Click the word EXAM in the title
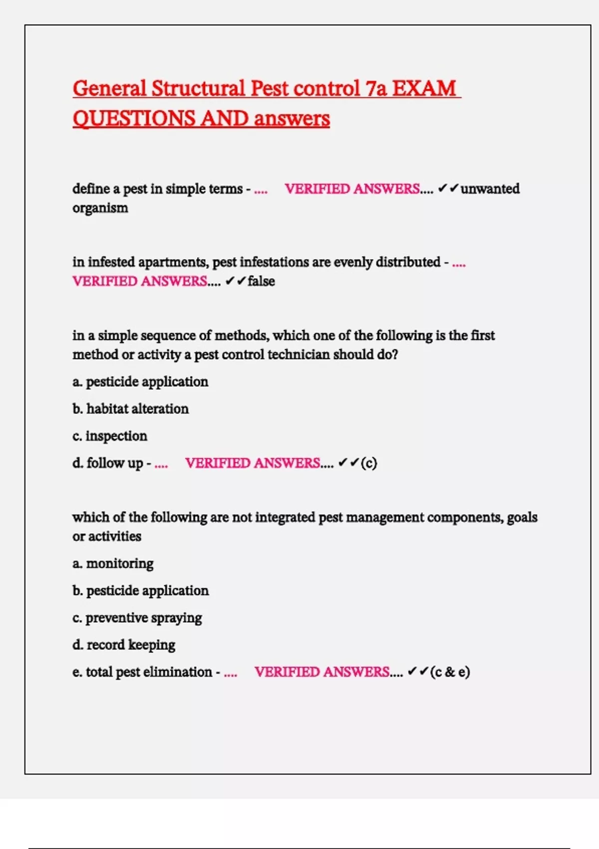pyautogui.click(x=424, y=89)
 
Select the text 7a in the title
pyautogui.click(x=376, y=89)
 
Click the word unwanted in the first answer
pyautogui.click(x=490, y=189)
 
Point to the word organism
pyautogui.click(x=100, y=208)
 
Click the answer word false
pyautogui.click(x=261, y=281)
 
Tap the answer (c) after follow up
pyautogui.click(x=368, y=463)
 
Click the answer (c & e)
pyautogui.click(x=450, y=672)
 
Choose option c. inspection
pyautogui.click(x=110, y=436)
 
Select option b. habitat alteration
pyautogui.click(x=130, y=409)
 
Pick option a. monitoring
pyautogui.click(x=113, y=564)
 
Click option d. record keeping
pyautogui.click(x=124, y=645)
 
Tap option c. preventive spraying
pyautogui.click(x=137, y=618)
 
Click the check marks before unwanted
pyautogui.click(x=448, y=189)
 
